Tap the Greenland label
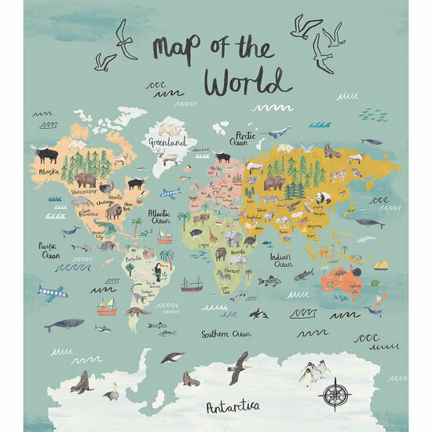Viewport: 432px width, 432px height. point(168,143)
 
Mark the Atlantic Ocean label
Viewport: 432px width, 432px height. point(159,215)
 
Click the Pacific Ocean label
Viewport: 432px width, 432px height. point(49,250)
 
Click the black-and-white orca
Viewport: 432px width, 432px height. point(258,313)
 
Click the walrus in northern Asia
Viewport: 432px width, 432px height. point(332,151)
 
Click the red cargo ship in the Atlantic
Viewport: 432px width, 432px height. point(191,284)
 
